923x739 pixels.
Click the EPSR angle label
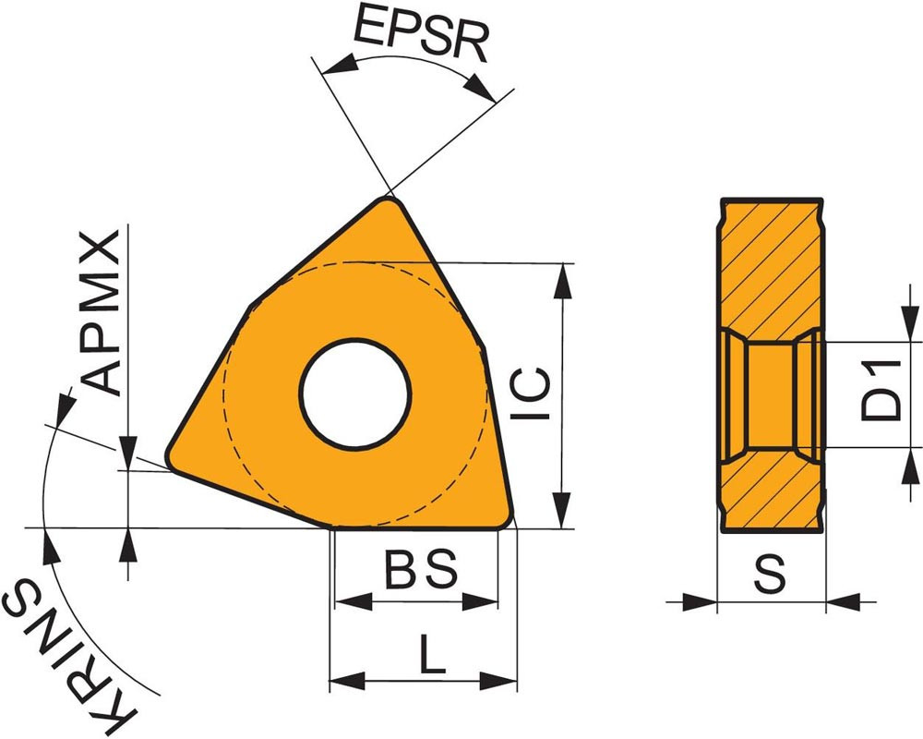tap(421, 33)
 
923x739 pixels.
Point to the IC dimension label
tap(530, 394)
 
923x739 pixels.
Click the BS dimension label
tap(422, 569)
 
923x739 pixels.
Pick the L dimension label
tap(433, 653)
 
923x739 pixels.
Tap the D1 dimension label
tap(881, 391)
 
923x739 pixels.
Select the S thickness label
tap(770, 574)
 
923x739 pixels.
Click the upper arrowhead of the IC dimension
tap(563, 281)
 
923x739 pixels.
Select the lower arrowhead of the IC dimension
tap(563, 510)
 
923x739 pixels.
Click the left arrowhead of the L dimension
tap(347, 681)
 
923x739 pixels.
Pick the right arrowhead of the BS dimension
tap(480, 601)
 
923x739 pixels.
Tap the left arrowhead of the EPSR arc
tap(340, 64)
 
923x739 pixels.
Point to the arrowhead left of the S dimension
tap(700, 601)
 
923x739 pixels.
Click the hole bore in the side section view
tap(770, 394)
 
